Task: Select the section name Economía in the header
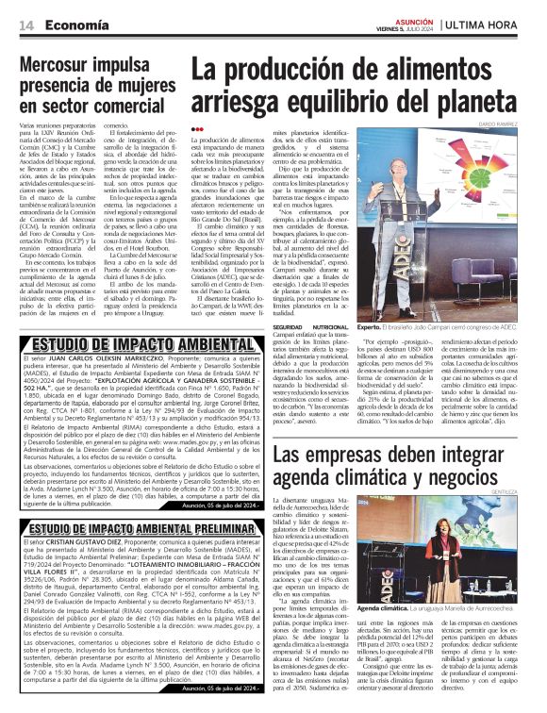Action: [72, 24]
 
